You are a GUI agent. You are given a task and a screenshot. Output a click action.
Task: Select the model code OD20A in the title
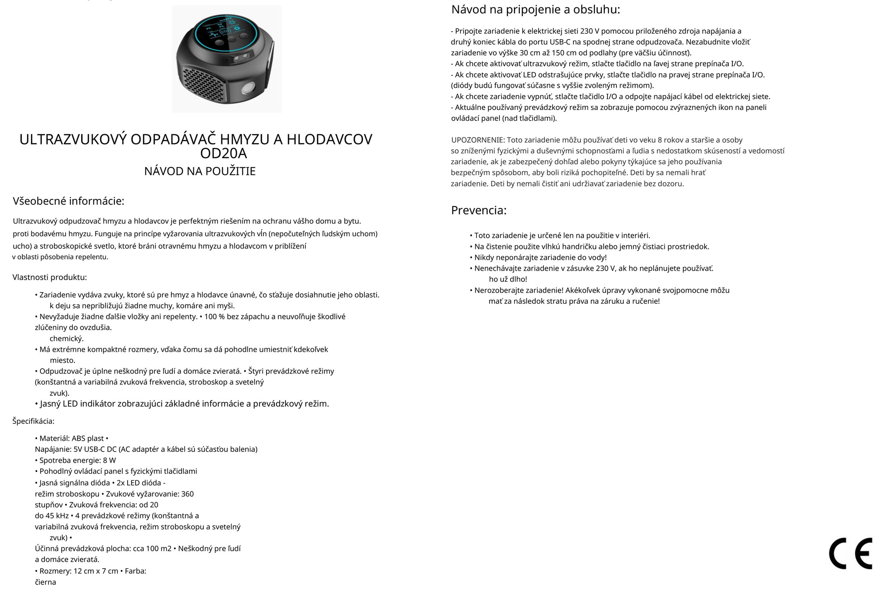(223, 154)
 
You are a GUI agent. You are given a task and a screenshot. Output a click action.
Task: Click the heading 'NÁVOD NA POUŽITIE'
(200, 171)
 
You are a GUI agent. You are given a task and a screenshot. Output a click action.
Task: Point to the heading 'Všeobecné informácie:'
(69, 201)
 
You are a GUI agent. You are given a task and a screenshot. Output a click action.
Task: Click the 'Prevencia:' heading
(478, 210)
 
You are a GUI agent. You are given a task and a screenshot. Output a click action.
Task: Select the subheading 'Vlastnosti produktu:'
(50, 277)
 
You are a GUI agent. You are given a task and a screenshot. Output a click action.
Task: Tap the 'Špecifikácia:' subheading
(33, 421)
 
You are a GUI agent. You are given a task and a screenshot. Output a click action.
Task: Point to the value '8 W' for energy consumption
(109, 460)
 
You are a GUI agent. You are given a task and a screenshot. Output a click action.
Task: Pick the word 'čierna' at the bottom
(46, 582)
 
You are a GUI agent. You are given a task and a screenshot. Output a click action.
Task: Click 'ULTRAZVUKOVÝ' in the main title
(73, 140)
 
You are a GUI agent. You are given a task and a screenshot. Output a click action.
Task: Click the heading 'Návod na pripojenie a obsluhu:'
(535, 9)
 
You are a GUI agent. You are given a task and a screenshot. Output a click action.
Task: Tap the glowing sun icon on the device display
(238, 29)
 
